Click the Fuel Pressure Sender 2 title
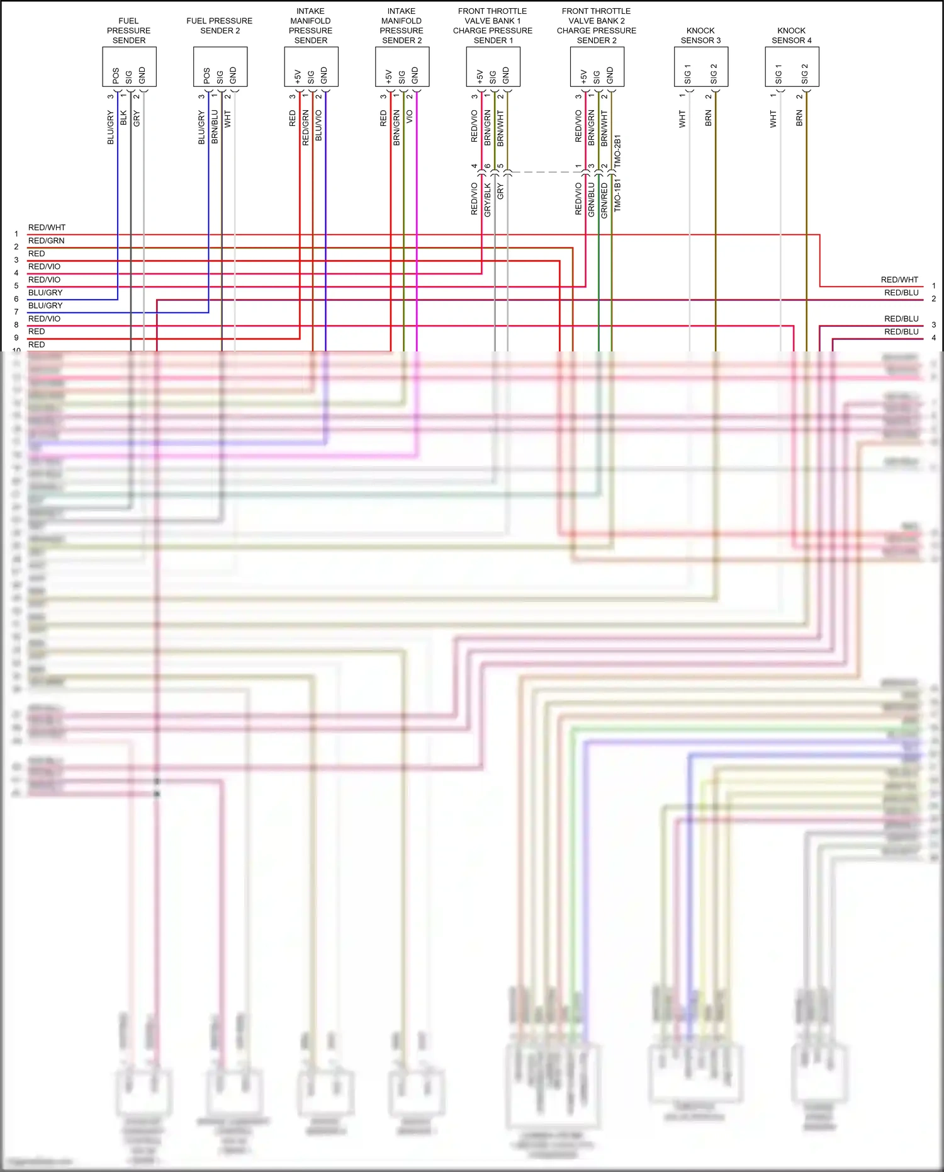(220, 26)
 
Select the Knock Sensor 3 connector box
(700, 67)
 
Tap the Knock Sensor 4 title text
(792, 35)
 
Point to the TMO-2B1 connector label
(617, 151)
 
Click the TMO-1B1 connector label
(617, 195)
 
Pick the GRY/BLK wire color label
(488, 200)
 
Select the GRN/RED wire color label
(604, 200)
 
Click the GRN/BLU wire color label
(591, 200)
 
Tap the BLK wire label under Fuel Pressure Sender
(123, 118)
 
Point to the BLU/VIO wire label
(318, 125)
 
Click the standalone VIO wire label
(410, 117)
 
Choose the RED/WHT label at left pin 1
(47, 227)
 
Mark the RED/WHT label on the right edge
(899, 280)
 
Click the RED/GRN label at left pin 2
(46, 241)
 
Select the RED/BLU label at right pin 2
(901, 293)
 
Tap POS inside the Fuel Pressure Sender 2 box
(206, 76)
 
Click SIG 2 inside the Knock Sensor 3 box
(714, 74)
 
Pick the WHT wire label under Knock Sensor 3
(682, 119)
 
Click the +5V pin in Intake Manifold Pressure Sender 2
(388, 76)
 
